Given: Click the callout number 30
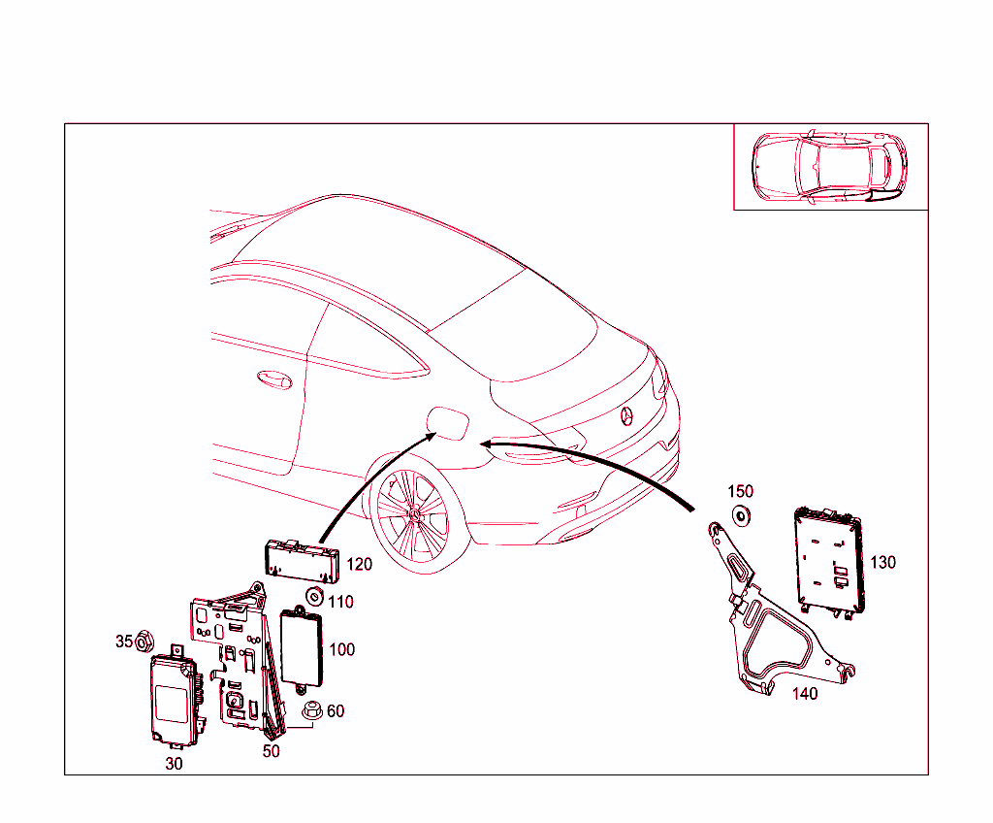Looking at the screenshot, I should pos(174,764).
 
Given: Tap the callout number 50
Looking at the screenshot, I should pos(272,751).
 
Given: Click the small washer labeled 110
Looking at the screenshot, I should pos(314,596).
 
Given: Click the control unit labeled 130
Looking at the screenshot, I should pos(828,563).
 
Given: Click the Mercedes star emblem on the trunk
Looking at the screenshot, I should pos(627,416).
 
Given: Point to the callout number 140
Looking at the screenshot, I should pos(805,693).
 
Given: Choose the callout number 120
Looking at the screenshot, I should pos(360,565).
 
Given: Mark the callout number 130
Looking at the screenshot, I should pos(883,562).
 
